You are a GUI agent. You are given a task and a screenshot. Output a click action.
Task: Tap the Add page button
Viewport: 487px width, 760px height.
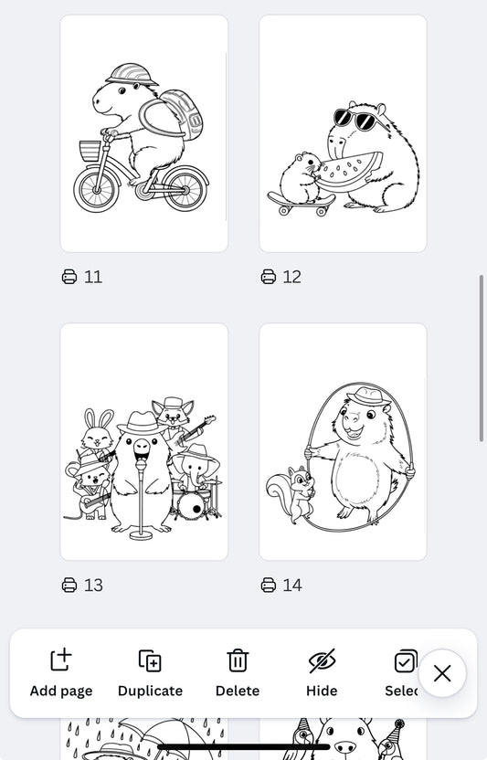[61, 672]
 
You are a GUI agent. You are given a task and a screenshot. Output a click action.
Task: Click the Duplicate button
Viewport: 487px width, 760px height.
[150, 672]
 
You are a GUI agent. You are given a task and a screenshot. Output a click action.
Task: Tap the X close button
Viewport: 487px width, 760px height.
[442, 673]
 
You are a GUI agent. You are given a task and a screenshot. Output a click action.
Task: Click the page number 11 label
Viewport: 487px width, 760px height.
[92, 277]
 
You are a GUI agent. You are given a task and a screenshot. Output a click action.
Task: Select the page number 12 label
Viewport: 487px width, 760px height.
[291, 277]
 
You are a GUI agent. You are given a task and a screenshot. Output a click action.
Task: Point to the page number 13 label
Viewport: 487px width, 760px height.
[92, 586]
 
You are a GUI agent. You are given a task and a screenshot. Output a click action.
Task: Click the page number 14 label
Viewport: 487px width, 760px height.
[291, 586]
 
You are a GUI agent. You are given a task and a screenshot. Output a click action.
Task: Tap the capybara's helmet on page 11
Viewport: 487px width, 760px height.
[125, 74]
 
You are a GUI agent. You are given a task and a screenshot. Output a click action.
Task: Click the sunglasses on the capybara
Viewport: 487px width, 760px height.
[355, 120]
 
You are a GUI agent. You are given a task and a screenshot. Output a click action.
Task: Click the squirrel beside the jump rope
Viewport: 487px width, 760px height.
[291, 494]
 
